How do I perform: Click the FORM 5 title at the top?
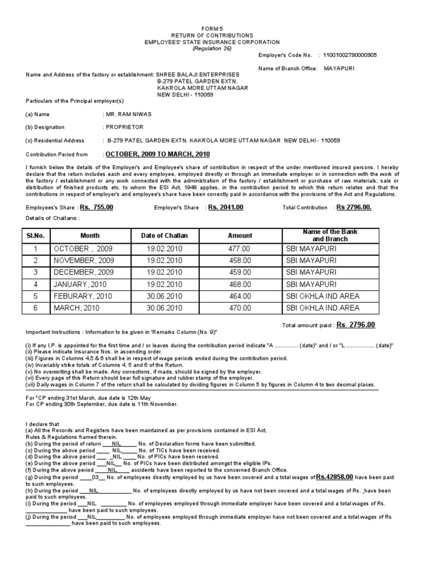pyautogui.click(x=212, y=28)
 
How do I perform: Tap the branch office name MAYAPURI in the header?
pyautogui.click(x=340, y=69)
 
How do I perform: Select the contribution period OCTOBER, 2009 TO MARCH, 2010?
pyautogui.click(x=158, y=154)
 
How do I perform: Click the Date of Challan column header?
pyautogui.click(x=165, y=235)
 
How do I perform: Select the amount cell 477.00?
pyautogui.click(x=239, y=249)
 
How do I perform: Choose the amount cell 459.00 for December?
pyautogui.click(x=239, y=272)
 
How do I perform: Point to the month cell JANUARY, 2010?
pyautogui.click(x=79, y=284)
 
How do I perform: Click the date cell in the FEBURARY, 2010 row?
pyautogui.click(x=165, y=296)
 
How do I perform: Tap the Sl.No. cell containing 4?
pyautogui.click(x=35, y=284)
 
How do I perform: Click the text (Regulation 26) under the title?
pyautogui.click(x=212, y=49)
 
